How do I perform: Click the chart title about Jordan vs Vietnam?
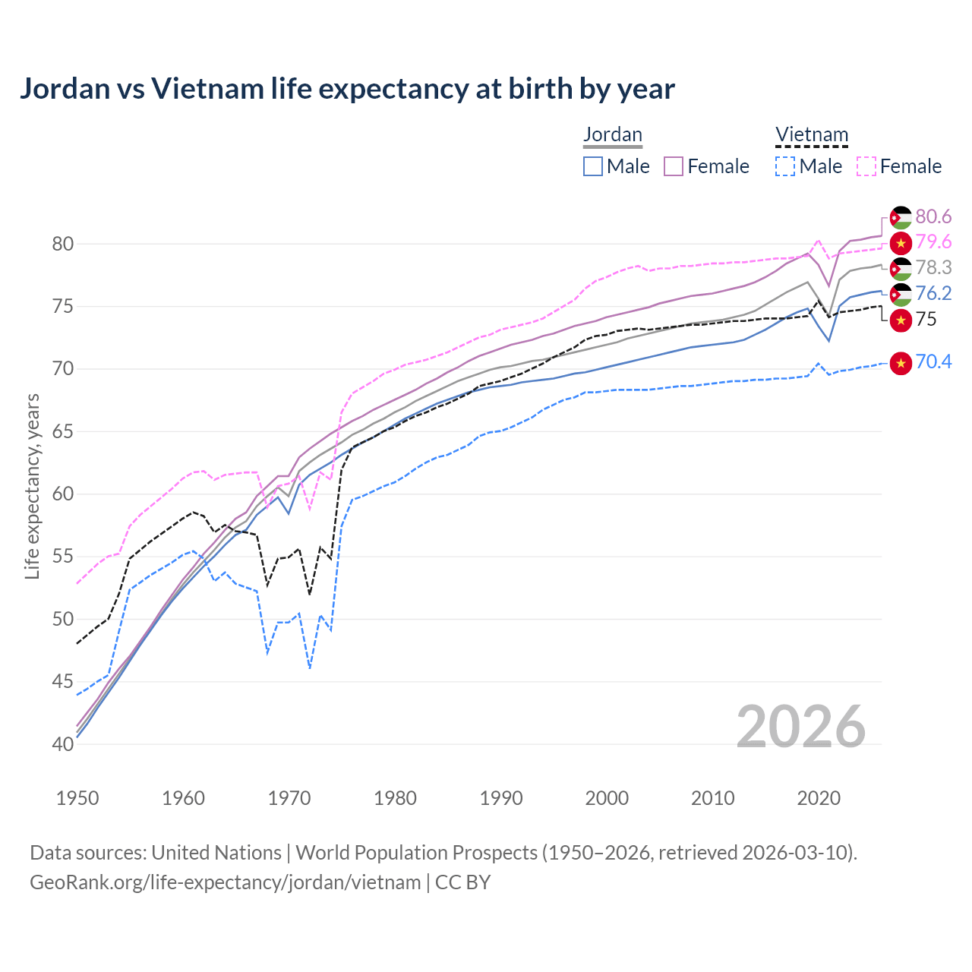(x=347, y=89)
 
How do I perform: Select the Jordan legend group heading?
(x=613, y=135)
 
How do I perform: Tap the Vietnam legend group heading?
(x=811, y=135)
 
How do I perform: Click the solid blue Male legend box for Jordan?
(x=593, y=166)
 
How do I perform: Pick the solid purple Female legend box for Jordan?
(x=674, y=166)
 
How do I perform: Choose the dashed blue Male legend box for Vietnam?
(x=785, y=166)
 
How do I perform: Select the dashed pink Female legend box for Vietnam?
(x=866, y=166)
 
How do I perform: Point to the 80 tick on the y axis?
(x=63, y=244)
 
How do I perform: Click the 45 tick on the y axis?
(x=63, y=681)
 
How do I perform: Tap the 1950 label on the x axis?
(x=77, y=798)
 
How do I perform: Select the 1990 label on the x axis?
(x=501, y=798)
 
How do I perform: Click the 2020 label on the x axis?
(x=819, y=798)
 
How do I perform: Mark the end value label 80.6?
(x=933, y=217)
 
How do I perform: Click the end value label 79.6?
(x=933, y=242)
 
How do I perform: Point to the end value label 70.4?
(x=933, y=362)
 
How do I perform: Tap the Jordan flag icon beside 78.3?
(x=901, y=269)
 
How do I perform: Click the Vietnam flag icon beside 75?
(x=901, y=320)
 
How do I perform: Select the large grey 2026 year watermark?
(x=800, y=727)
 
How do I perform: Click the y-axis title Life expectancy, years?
(x=32, y=486)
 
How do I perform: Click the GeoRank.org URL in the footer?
(x=225, y=882)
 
